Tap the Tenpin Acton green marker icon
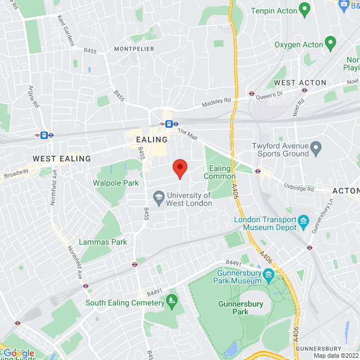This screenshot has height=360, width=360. point(305,10)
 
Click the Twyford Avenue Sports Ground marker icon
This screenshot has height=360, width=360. point(316,149)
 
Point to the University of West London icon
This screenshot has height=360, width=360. point(159,197)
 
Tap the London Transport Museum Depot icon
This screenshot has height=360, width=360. point(304,220)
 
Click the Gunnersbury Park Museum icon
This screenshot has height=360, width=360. point(268,276)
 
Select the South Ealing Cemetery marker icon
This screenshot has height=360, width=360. point(172,303)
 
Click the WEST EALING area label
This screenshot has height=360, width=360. point(62,159)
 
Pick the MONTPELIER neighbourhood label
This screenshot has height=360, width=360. point(134,49)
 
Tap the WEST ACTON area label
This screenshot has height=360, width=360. point(300,83)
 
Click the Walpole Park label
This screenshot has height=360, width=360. point(115,183)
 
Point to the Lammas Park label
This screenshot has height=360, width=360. point(103,242)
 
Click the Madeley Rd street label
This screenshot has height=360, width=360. point(217,102)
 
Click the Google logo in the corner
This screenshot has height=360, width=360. point(19,353)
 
